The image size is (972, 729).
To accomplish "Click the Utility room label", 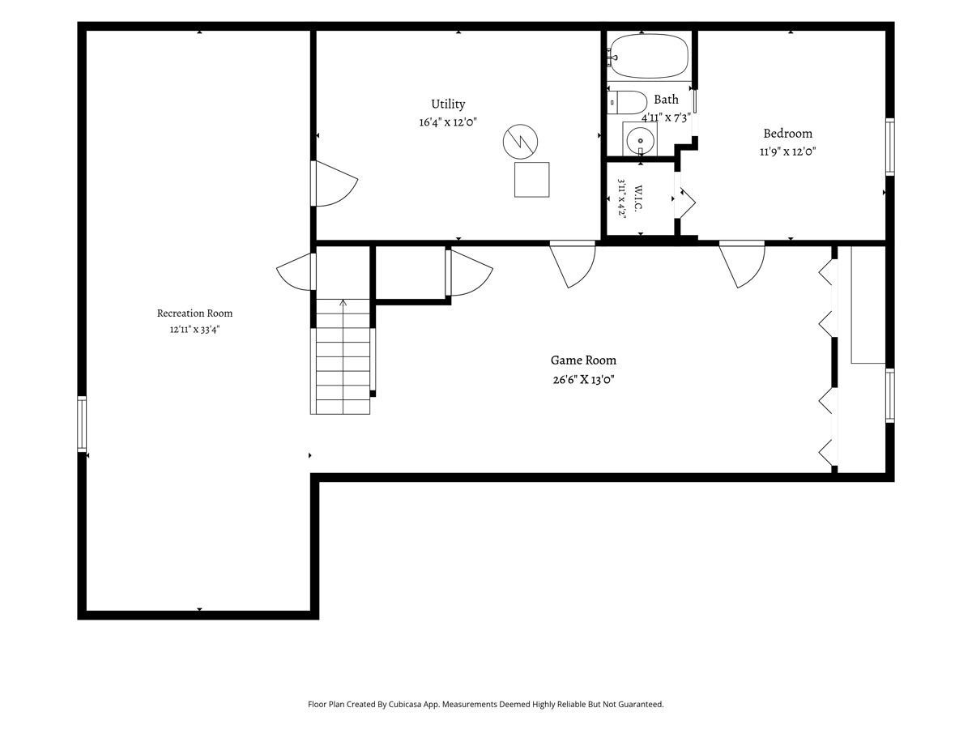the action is click(448, 104).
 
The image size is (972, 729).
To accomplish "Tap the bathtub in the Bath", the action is click(648, 56).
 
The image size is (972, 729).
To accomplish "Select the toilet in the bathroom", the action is click(620, 102).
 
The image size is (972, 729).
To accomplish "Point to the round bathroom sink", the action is click(641, 141).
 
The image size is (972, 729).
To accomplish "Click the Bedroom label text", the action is click(787, 133).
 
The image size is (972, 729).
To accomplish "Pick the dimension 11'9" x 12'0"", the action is click(787, 151).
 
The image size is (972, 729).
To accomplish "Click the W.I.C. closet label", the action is click(638, 198).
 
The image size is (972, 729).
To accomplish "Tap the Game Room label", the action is click(583, 360).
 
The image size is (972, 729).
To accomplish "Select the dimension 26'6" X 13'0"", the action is click(583, 379).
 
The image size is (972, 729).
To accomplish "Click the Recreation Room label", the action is click(194, 313).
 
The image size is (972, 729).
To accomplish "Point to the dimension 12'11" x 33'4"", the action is click(194, 330).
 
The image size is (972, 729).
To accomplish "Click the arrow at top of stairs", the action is click(343, 303).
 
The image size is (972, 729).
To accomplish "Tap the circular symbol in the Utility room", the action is click(520, 142).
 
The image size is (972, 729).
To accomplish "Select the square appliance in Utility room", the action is click(532, 179).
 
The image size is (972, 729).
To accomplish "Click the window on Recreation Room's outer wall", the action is click(82, 424).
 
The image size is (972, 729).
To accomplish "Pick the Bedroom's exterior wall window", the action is click(889, 147).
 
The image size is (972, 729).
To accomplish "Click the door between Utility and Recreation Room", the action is click(334, 183).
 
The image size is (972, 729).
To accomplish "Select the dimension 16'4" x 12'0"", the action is click(448, 122).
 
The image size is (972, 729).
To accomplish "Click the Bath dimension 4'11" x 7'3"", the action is click(666, 117).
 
